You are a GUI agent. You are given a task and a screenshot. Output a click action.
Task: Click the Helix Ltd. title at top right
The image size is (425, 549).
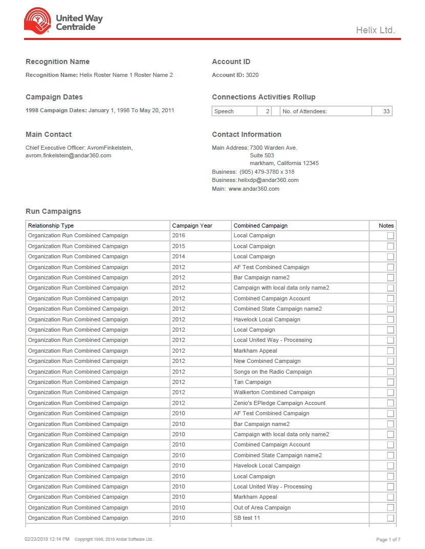coord(375,30)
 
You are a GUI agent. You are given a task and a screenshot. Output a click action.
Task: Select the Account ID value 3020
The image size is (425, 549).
coord(252,75)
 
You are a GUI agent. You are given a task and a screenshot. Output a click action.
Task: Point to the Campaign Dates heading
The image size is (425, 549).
coord(54,97)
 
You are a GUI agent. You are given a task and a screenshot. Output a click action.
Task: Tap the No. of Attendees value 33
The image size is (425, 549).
coord(386,111)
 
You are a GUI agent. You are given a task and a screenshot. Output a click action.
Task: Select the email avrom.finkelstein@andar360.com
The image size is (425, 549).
coord(68,155)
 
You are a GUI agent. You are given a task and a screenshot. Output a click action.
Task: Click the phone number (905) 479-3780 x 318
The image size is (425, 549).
coord(267,172)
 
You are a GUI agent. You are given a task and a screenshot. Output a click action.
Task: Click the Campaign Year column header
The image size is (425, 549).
coord(192,226)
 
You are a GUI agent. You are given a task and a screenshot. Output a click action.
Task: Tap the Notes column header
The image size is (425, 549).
coord(386,226)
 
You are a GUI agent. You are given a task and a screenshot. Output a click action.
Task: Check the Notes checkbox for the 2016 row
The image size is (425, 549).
coord(391,236)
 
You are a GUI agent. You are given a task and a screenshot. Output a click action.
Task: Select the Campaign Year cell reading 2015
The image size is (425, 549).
coord(179,246)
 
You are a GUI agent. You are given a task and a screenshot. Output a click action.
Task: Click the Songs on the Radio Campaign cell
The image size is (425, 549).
coord(272,372)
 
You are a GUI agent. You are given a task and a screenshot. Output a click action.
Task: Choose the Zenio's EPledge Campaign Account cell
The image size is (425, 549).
coord(280,403)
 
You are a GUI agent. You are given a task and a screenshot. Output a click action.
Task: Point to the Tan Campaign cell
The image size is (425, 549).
coord(252,382)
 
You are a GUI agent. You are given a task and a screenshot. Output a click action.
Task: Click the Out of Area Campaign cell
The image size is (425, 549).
coord(262,507)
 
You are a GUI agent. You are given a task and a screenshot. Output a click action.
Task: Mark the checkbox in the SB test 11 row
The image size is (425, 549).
coord(391,518)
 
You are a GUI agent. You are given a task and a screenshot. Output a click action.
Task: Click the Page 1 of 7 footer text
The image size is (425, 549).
coord(388,539)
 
